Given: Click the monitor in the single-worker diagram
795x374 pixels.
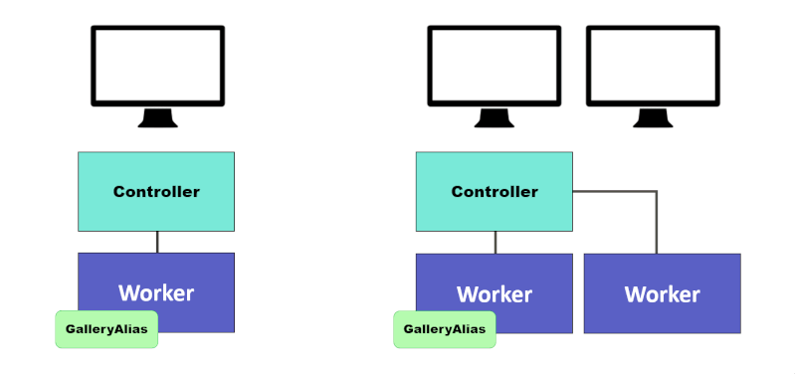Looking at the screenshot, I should click(x=157, y=66).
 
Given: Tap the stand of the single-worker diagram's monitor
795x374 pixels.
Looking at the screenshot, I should click(x=157, y=118).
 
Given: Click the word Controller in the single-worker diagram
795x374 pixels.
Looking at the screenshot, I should click(x=156, y=192).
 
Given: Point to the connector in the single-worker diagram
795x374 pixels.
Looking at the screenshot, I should click(x=157, y=242).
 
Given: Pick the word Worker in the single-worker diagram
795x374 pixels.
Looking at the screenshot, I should click(x=156, y=293).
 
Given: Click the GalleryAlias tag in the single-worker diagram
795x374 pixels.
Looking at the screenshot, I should click(x=106, y=329).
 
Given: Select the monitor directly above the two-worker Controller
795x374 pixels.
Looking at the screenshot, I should click(x=495, y=66).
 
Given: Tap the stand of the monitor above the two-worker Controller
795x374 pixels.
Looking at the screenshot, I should click(x=495, y=118).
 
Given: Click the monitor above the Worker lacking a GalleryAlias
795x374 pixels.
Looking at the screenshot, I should click(x=653, y=66).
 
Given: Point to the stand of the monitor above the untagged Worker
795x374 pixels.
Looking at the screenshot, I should click(x=653, y=118).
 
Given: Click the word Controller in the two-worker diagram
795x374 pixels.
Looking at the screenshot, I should click(x=495, y=192).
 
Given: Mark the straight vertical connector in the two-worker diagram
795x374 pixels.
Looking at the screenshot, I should click(x=496, y=242).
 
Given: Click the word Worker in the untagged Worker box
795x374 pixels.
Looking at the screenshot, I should click(x=662, y=295).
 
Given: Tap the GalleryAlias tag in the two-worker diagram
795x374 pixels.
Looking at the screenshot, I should click(x=445, y=329).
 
